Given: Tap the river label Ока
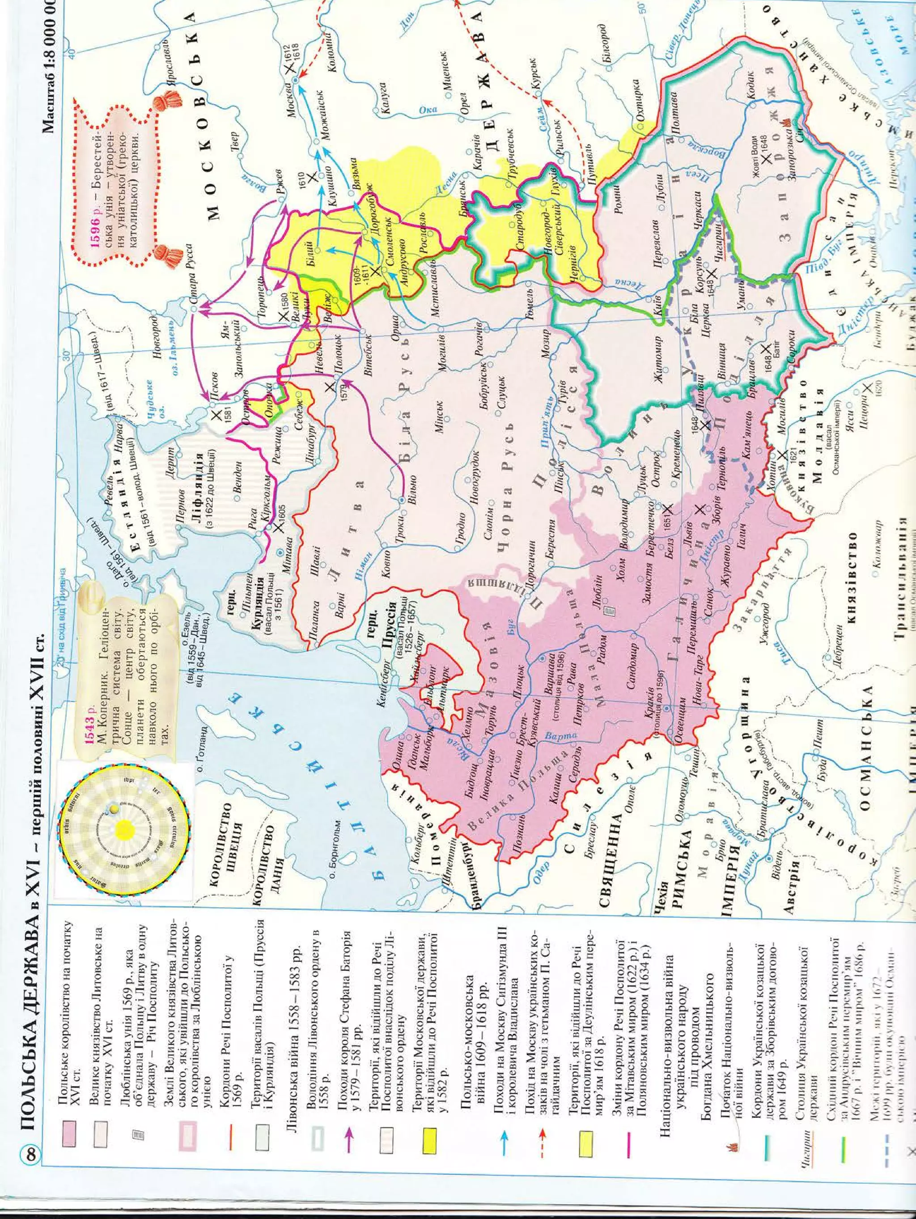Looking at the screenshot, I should (426, 106).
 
